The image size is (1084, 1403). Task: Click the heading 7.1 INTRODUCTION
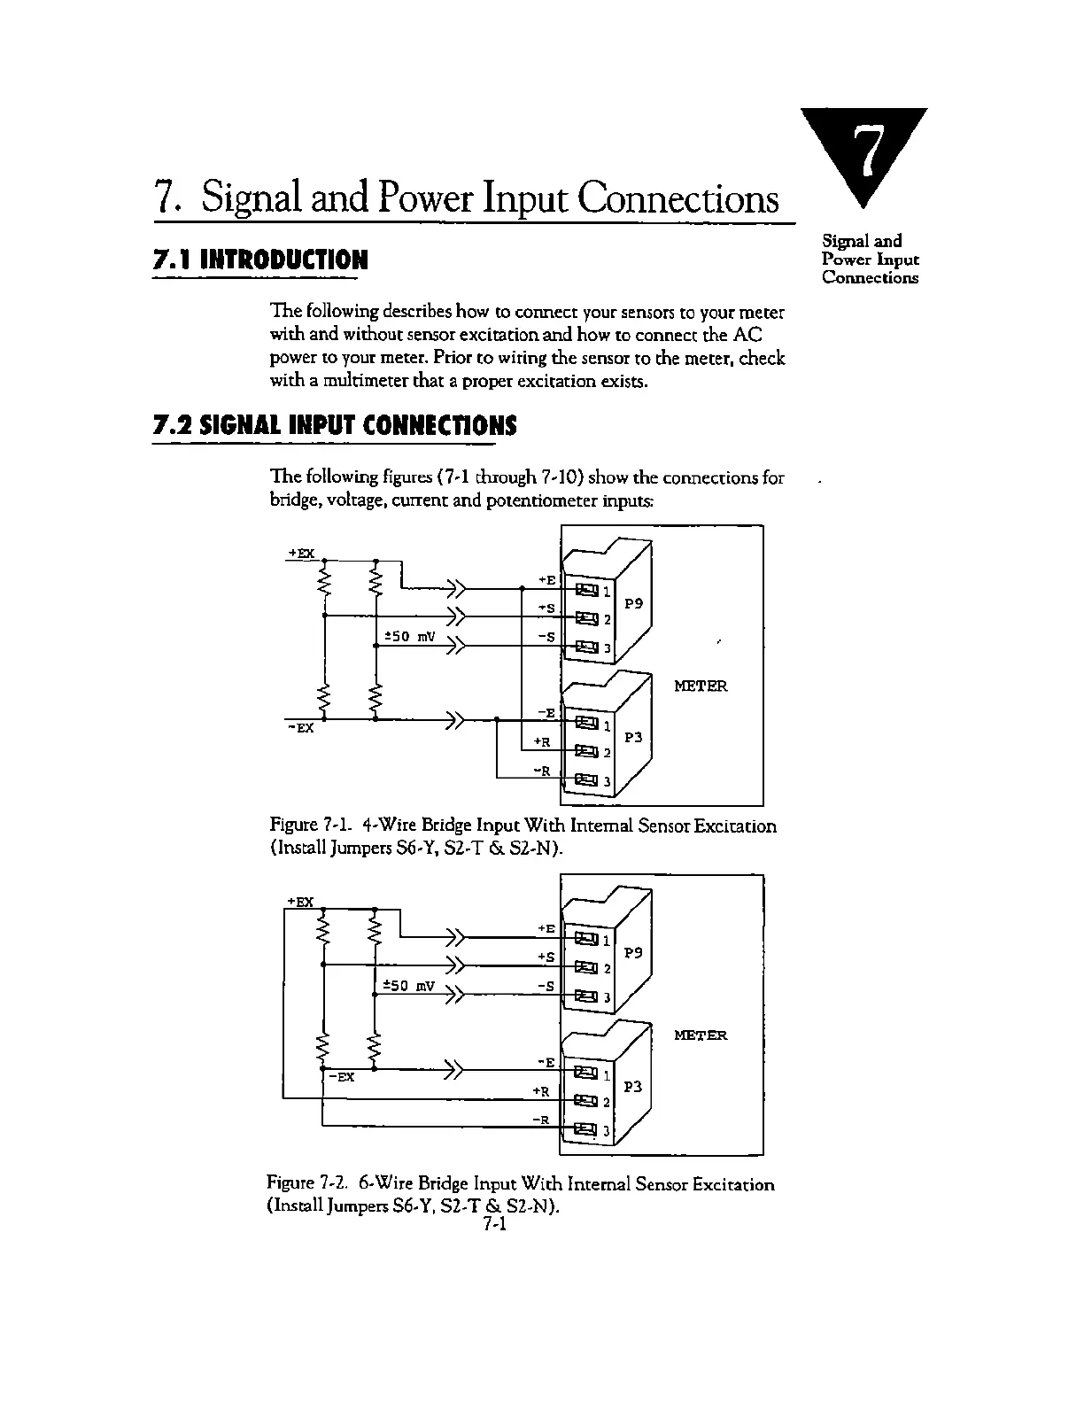(259, 260)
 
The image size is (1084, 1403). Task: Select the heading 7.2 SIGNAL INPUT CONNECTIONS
(335, 426)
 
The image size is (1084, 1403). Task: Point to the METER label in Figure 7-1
(701, 686)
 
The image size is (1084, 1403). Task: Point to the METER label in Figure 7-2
(701, 1035)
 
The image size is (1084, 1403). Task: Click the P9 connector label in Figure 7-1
(633, 604)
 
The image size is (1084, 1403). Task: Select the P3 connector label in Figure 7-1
(633, 737)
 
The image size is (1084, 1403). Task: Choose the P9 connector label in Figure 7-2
(633, 953)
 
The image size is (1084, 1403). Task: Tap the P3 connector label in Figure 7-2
(633, 1086)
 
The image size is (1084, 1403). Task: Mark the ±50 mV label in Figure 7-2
(408, 985)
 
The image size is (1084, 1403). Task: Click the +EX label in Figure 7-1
(302, 554)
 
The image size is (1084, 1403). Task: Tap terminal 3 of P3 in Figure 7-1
(586, 780)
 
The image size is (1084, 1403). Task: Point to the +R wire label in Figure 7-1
(542, 742)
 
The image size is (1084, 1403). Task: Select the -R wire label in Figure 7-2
(541, 1120)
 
